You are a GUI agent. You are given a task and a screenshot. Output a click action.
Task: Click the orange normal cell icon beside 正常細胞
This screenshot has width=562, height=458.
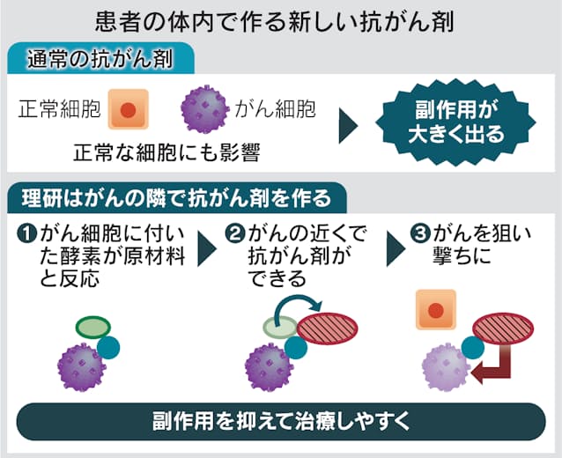pos(127,112)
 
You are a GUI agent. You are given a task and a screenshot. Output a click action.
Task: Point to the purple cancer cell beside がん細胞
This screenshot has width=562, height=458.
pos(205,110)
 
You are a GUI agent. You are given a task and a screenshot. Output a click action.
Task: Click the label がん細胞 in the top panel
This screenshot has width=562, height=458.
pos(275,112)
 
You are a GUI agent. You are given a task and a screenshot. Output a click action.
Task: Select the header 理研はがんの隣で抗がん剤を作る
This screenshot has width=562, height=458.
pos(172,196)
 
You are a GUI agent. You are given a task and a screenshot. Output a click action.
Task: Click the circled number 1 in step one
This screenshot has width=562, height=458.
pos(26,236)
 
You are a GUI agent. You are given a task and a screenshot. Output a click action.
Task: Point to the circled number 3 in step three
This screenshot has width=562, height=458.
pos(421,236)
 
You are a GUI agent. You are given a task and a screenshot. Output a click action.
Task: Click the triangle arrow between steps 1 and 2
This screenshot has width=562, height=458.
pos(207,250)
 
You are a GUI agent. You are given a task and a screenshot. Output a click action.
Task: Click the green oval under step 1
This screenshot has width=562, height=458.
pos(92,328)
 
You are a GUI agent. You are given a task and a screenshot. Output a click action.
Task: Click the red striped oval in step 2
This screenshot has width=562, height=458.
pos(327,329)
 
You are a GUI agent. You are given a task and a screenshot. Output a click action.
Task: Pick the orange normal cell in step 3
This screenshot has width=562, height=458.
pos(435,310)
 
